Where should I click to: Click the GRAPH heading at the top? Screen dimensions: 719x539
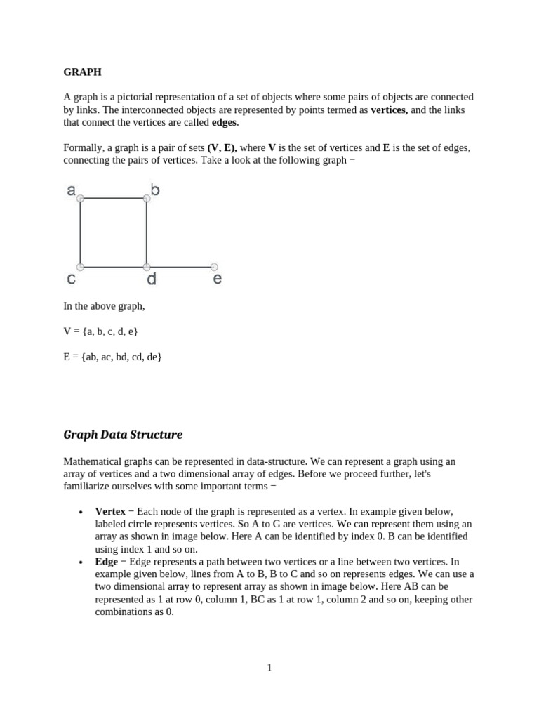click(82, 72)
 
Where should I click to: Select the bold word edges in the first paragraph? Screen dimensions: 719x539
click(225, 123)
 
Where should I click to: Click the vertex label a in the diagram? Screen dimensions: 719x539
click(71, 190)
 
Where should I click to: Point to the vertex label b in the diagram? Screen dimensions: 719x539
click(155, 190)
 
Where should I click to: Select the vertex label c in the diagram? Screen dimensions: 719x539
click(71, 279)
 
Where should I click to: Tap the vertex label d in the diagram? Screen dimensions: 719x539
click(151, 279)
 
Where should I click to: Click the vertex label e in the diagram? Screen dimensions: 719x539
click(217, 279)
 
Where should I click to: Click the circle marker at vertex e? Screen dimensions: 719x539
click(214, 267)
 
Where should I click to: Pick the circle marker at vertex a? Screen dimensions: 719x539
click(81, 199)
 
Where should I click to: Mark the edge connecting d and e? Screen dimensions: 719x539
click(180, 267)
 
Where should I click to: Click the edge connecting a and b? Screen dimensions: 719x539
click(114, 199)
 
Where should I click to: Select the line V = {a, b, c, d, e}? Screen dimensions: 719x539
click(100, 331)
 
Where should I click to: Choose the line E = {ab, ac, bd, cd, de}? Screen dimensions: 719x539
click(112, 357)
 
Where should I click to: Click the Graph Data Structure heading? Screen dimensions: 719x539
click(123, 435)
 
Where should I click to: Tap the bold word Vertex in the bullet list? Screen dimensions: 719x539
click(109, 511)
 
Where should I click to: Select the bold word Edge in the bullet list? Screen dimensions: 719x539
click(107, 562)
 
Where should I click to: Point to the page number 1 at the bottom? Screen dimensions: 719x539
click(269, 668)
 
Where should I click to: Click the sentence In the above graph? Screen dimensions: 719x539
click(104, 306)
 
